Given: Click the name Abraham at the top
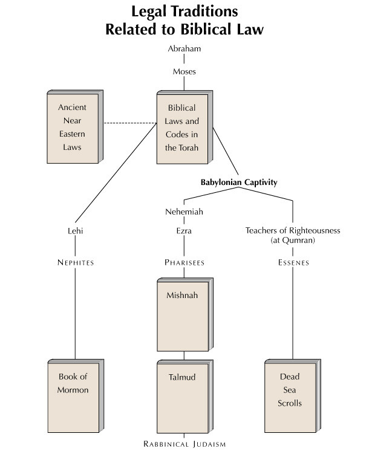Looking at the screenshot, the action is (184, 48).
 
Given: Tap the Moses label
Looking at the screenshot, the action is (184, 71).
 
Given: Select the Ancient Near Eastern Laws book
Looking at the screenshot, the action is (75, 127).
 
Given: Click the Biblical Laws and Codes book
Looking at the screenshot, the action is (184, 127).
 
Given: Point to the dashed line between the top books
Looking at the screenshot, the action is (130, 123).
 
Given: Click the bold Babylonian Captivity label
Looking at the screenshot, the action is (239, 183).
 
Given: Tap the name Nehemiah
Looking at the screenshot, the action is (184, 212).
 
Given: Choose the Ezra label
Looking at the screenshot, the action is (184, 231).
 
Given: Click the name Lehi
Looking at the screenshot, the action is (76, 231).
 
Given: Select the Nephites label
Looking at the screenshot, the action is (76, 262).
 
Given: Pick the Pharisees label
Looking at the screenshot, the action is (184, 262).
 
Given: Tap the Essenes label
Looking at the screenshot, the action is (293, 262).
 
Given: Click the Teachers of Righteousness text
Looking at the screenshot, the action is (293, 230).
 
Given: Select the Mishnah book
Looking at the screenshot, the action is (185, 314).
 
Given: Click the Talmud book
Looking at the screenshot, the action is (185, 397).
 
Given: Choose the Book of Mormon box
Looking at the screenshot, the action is (76, 396).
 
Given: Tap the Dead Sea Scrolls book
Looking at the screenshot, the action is (293, 396).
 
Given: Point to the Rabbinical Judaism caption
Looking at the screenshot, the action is (184, 444).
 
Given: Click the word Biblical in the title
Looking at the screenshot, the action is (206, 30).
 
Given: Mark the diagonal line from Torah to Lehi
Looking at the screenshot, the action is (116, 172).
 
